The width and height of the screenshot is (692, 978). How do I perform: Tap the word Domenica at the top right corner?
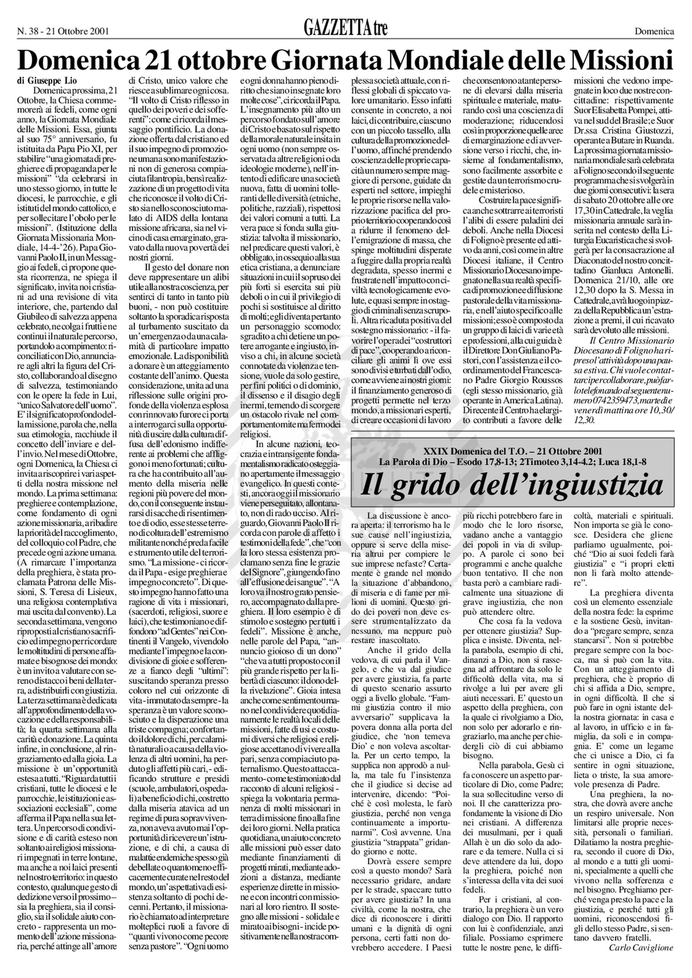(655, 31)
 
